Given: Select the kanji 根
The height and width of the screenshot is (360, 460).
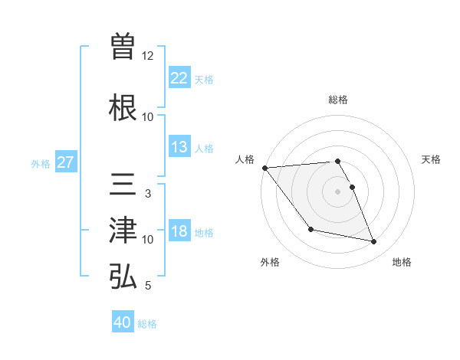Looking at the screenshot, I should (123, 106).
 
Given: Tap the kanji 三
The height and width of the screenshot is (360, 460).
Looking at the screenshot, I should (123, 184).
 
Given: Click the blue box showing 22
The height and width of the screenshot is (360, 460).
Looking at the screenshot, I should (179, 77).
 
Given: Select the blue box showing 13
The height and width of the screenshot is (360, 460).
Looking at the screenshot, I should (179, 147).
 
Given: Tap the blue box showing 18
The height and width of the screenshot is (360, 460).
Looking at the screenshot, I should (179, 232).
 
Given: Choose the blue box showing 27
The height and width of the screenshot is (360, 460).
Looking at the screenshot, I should (65, 162).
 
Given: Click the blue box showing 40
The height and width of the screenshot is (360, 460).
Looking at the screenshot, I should (123, 322).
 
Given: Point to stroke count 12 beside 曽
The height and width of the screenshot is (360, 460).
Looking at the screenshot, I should (148, 56).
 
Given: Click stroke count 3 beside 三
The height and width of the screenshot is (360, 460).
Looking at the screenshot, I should (148, 194).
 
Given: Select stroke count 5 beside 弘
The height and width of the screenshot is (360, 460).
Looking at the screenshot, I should (148, 286).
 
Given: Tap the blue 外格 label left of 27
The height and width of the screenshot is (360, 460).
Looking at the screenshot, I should (41, 164).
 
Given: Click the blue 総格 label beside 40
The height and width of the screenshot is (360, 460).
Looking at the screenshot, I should (147, 324).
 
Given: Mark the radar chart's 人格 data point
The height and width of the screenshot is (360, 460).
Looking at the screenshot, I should (264, 168).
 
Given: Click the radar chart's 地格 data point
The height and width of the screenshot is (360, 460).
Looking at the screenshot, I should (374, 242).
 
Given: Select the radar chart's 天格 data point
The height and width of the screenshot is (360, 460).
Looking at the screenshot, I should (352, 187).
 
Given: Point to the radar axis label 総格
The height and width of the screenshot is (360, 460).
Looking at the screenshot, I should (337, 100).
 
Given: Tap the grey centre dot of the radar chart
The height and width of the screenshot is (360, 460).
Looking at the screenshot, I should (337, 191).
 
